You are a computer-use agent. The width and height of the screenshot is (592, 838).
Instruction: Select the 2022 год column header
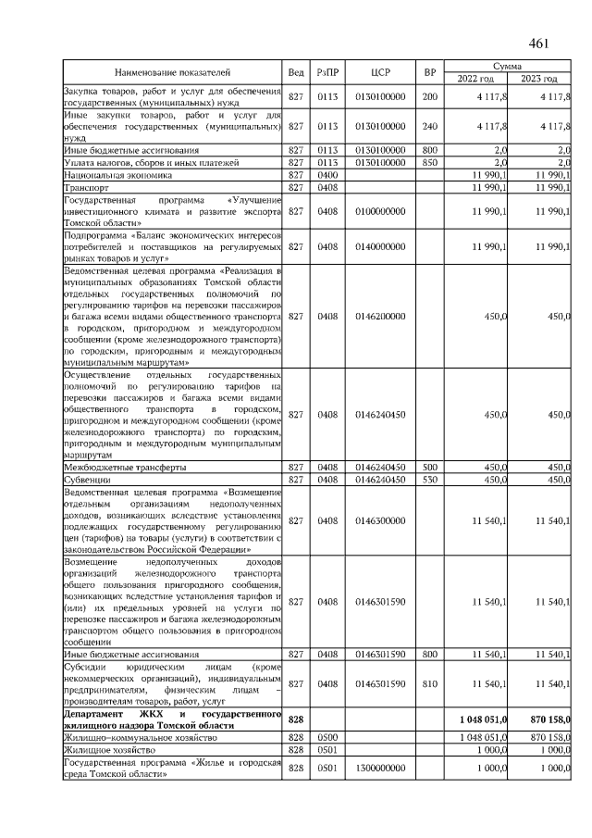pyautogui.click(x=476, y=78)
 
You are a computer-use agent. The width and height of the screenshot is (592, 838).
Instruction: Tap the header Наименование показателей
pyautogui.click(x=172, y=71)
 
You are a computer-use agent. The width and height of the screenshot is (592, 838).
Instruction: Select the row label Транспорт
pyautogui.click(x=86, y=187)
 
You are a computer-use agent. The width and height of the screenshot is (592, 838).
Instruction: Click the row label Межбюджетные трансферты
pyautogui.click(x=125, y=468)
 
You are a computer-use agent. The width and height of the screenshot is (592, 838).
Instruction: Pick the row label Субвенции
pyautogui.click(x=87, y=480)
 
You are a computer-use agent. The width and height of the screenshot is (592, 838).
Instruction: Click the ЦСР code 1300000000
pyautogui.click(x=381, y=768)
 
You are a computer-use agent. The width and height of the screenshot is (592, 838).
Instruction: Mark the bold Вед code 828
pyautogui.click(x=296, y=719)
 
